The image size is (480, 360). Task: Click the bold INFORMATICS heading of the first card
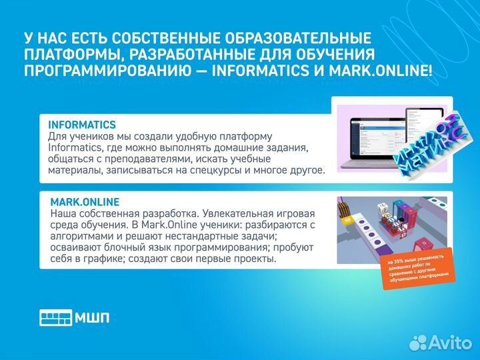82,125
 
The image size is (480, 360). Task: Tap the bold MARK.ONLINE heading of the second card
85,201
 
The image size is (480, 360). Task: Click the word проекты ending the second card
257,259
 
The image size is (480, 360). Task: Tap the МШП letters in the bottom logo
92,317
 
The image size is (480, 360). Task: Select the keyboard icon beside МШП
55,317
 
